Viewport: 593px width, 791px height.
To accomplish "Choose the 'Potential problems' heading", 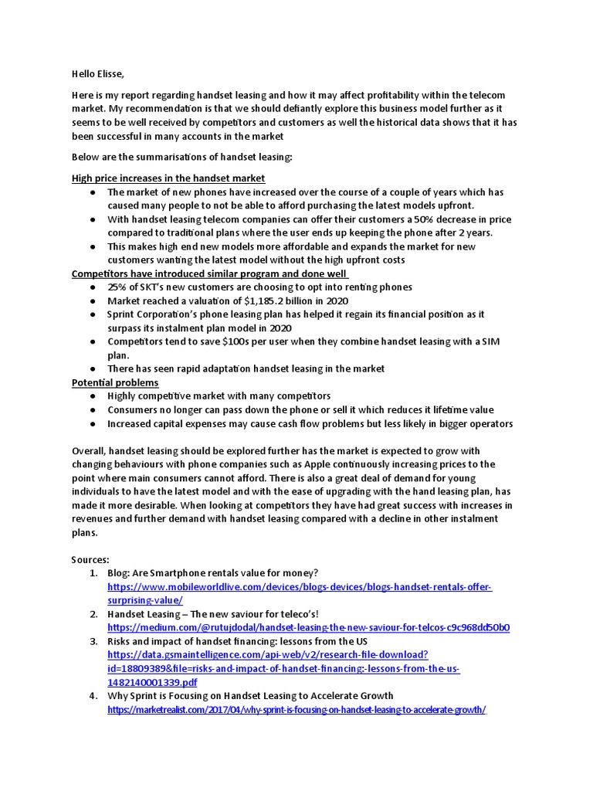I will point(115,382).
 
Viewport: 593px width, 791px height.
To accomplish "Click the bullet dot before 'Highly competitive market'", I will point(92,396).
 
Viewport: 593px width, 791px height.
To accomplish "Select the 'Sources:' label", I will point(91,559).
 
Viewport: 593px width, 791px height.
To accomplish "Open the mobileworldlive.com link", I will point(300,587).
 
